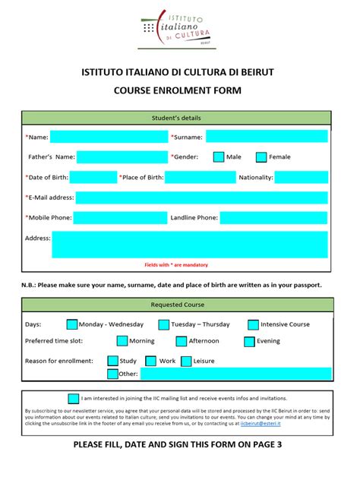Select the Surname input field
tap(267, 137)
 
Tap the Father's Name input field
tap(121, 157)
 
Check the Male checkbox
tap(219, 157)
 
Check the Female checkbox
tap(261, 157)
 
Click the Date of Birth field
tap(93, 178)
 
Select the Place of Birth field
tap(201, 178)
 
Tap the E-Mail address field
tap(201, 197)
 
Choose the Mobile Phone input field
tap(121, 218)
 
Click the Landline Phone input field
tap(274, 218)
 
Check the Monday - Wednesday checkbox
tap(72, 324)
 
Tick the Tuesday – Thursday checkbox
tap(164, 324)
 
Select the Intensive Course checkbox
tap(253, 324)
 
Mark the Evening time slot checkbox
tap(248, 342)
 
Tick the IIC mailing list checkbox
tap(73, 398)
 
